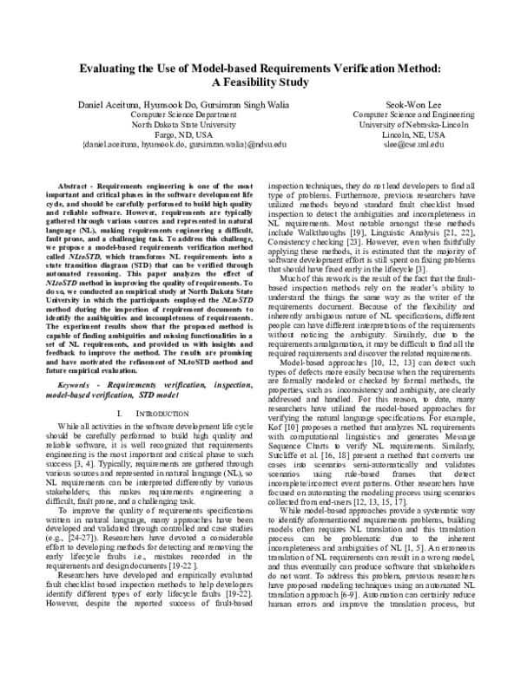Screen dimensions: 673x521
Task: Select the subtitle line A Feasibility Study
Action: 260,82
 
